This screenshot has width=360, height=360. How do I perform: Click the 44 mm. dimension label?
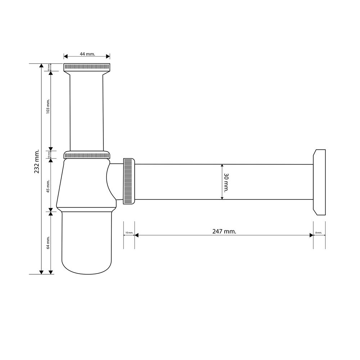(x=87, y=54)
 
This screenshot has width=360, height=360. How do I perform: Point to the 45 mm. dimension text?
(x=48, y=186)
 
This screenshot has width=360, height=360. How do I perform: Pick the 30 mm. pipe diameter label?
(x=226, y=183)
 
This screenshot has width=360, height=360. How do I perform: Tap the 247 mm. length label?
(x=224, y=231)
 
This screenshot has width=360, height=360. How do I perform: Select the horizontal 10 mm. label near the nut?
(x=129, y=233)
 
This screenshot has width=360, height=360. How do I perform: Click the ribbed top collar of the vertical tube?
(x=87, y=67)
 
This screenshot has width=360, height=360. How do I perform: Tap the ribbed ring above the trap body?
(x=87, y=156)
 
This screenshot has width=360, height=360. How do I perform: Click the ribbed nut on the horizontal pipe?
(x=129, y=181)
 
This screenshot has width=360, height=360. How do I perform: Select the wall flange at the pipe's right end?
(x=319, y=182)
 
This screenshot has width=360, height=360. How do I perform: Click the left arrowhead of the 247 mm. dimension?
(x=136, y=235)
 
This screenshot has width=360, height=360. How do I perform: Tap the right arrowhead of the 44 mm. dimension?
(x=108, y=56)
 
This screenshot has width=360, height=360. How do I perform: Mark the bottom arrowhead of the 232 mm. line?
(x=42, y=272)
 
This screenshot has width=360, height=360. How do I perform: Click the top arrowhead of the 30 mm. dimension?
(x=222, y=166)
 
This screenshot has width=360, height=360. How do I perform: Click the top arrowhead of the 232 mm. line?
(x=42, y=66)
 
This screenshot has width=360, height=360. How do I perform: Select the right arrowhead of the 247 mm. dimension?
(x=311, y=235)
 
